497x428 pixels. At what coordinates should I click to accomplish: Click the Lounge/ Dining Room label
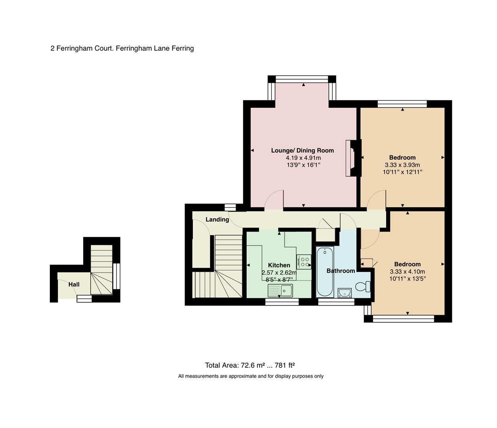302,151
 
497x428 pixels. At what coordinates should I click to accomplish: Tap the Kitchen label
279,265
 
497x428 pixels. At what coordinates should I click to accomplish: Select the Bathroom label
340,271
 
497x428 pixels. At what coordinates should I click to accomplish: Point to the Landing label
217,219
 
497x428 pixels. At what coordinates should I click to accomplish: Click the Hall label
74,284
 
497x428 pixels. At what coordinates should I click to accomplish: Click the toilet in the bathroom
362,286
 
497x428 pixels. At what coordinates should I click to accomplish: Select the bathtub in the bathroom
325,271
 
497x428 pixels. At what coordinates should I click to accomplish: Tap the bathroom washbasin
345,293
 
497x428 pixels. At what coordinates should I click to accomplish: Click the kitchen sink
280,291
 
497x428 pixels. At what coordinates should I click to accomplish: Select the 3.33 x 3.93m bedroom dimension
402,165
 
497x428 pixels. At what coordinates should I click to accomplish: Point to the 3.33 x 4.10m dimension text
407,271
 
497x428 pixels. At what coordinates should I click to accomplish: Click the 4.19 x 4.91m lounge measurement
303,158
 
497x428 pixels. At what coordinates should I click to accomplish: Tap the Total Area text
249,365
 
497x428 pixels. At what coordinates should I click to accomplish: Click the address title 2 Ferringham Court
122,48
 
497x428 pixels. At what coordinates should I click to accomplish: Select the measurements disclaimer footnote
251,376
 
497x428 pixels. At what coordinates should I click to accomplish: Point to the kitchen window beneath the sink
282,302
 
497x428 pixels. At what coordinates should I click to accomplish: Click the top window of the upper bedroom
402,104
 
